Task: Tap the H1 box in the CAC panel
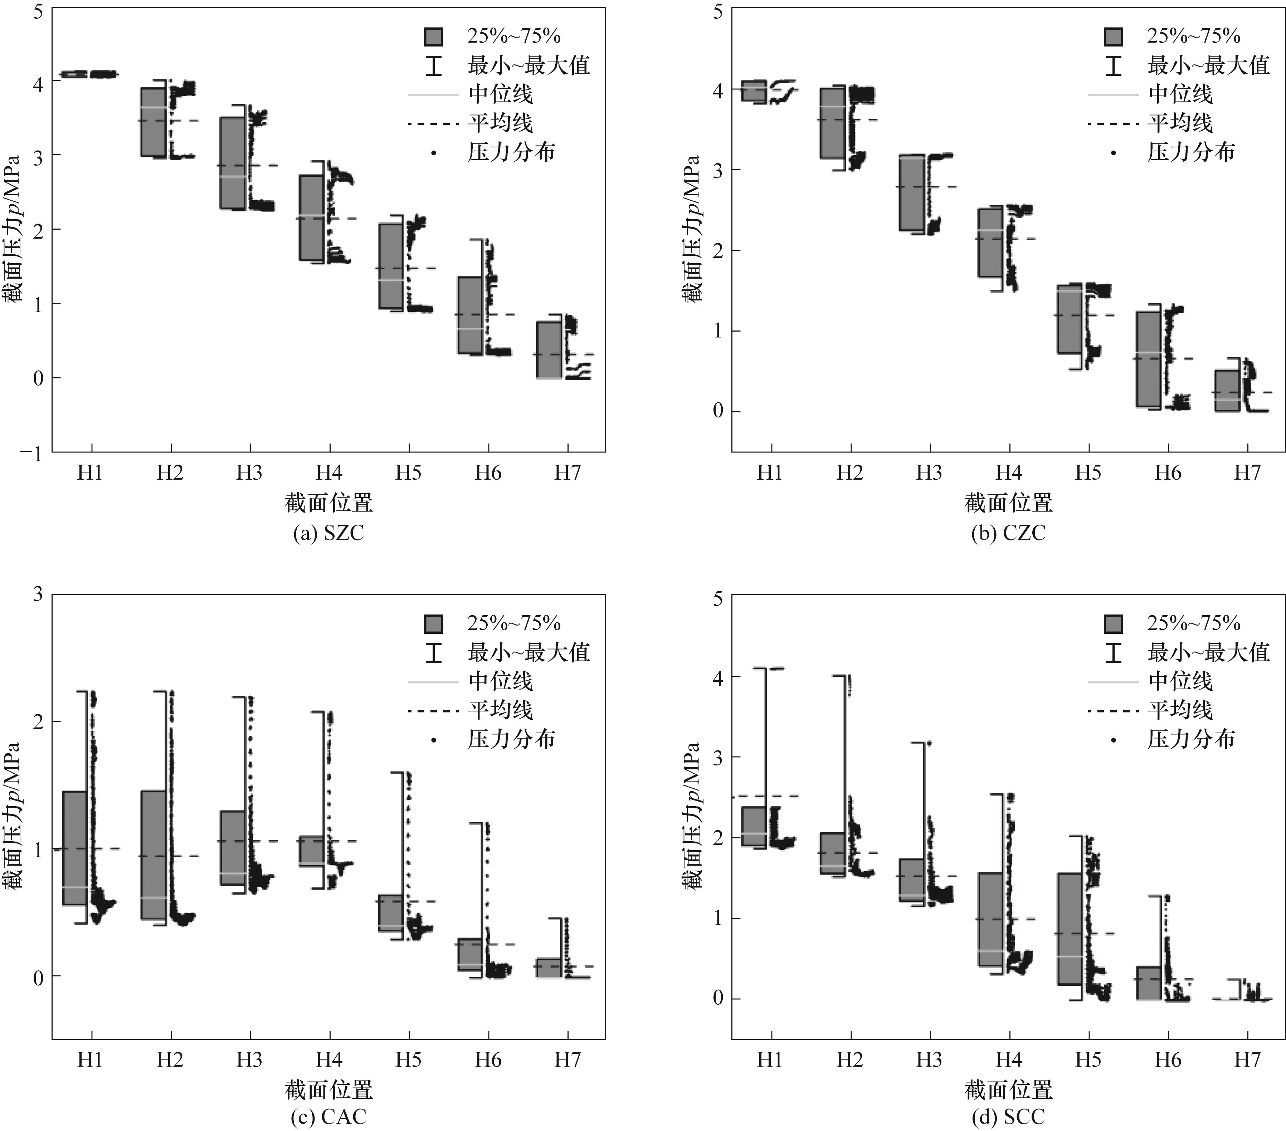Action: click(75, 848)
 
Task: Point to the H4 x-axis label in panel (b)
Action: click(1009, 473)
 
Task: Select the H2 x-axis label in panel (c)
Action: click(170, 1060)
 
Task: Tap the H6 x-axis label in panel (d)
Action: click(1168, 1060)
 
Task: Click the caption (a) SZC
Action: click(328, 533)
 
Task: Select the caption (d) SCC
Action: click(1008, 1117)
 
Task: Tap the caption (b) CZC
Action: click(1008, 533)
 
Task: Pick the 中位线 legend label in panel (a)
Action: click(500, 94)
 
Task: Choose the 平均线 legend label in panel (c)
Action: click(500, 710)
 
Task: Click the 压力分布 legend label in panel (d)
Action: click(1191, 739)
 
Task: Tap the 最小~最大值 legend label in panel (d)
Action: click(1208, 652)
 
